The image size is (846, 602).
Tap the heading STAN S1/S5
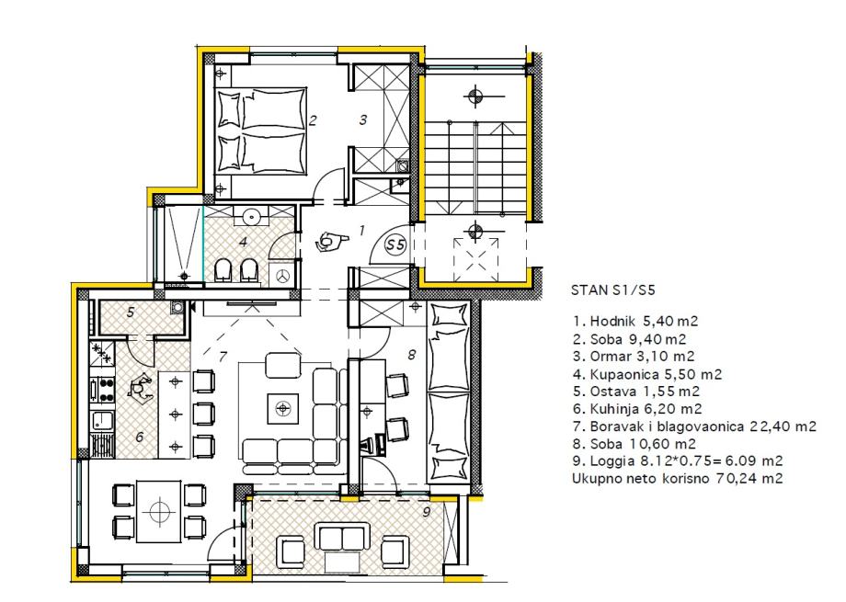click(613, 290)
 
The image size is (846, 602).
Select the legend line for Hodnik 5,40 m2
click(635, 322)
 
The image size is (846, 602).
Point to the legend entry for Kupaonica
click(647, 374)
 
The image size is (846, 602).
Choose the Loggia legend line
click(678, 460)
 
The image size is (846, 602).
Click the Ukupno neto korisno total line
click(677, 478)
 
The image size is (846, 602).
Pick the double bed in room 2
click(261, 131)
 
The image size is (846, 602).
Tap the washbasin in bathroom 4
click(251, 216)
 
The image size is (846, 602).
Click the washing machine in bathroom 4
click(282, 275)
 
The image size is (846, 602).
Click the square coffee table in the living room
click(282, 408)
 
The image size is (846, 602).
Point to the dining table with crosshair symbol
click(158, 511)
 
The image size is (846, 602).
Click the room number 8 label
click(412, 355)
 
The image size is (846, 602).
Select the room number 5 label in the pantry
click(131, 312)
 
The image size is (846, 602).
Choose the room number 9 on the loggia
click(427, 511)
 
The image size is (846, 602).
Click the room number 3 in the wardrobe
click(363, 119)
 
